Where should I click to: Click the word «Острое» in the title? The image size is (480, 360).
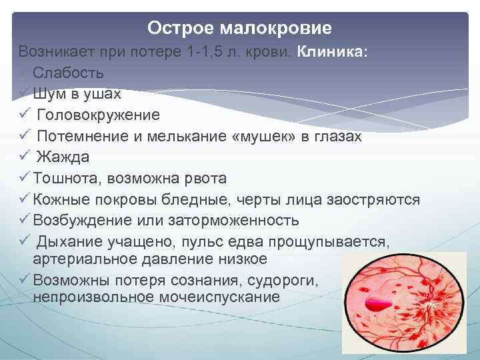(176, 28)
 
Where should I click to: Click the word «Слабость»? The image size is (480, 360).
(69, 72)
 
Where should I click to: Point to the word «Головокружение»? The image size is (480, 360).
(98, 115)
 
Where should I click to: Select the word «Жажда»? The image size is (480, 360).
(63, 157)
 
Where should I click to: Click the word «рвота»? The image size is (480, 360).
(205, 179)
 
